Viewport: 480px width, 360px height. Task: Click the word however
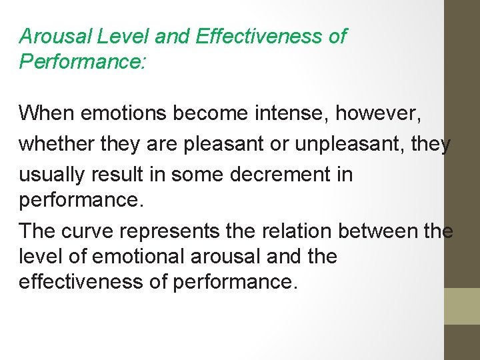click(x=378, y=113)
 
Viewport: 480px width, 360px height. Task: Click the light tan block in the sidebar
click(x=461, y=306)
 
